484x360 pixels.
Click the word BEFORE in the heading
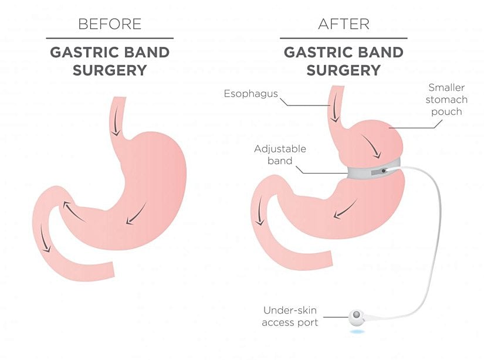click(x=110, y=24)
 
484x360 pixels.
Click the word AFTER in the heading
click(x=344, y=24)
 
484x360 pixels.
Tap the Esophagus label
click(x=251, y=93)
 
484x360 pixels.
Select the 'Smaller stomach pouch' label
click(x=446, y=100)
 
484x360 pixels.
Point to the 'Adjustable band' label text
click(x=280, y=155)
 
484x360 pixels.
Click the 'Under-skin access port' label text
click(x=290, y=316)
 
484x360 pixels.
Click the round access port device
click(x=357, y=316)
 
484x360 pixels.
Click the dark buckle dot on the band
click(x=384, y=171)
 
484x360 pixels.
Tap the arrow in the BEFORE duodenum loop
click(x=45, y=237)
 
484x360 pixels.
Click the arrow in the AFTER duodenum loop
click(x=260, y=210)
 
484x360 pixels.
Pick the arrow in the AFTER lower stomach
click(x=345, y=209)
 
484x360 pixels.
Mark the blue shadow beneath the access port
click(x=358, y=332)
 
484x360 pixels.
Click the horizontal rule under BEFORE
click(x=110, y=38)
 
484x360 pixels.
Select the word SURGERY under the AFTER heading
click(x=344, y=70)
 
